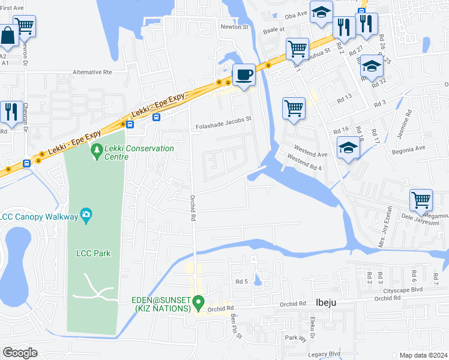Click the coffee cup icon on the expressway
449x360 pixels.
(x=244, y=75)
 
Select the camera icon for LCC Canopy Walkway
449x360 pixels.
(x=86, y=214)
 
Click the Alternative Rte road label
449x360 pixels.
(x=92, y=72)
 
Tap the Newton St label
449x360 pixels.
(x=234, y=27)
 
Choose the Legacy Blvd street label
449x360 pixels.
(x=325, y=355)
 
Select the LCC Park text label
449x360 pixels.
(x=93, y=253)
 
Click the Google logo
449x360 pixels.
(x=20, y=353)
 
